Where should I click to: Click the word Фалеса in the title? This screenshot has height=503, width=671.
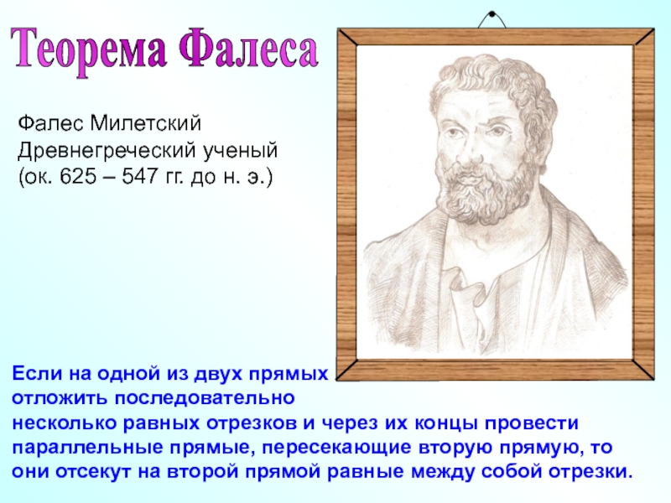coord(249,48)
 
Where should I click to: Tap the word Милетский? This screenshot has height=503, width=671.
coord(145,123)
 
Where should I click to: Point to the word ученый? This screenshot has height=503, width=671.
coord(240,152)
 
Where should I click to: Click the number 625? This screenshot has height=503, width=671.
coord(78,176)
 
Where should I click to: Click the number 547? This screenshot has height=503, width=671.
coord(140,176)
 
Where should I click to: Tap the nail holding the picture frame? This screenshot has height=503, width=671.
coord(492,14)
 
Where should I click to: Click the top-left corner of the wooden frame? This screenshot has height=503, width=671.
coord(338,29)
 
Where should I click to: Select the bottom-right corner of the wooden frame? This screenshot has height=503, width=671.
coord(653,380)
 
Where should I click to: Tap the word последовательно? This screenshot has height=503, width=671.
coord(205,398)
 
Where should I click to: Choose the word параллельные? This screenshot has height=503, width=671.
coord(88,448)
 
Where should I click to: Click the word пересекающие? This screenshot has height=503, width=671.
coord(336,448)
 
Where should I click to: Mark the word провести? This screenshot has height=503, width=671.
coord(531,423)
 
